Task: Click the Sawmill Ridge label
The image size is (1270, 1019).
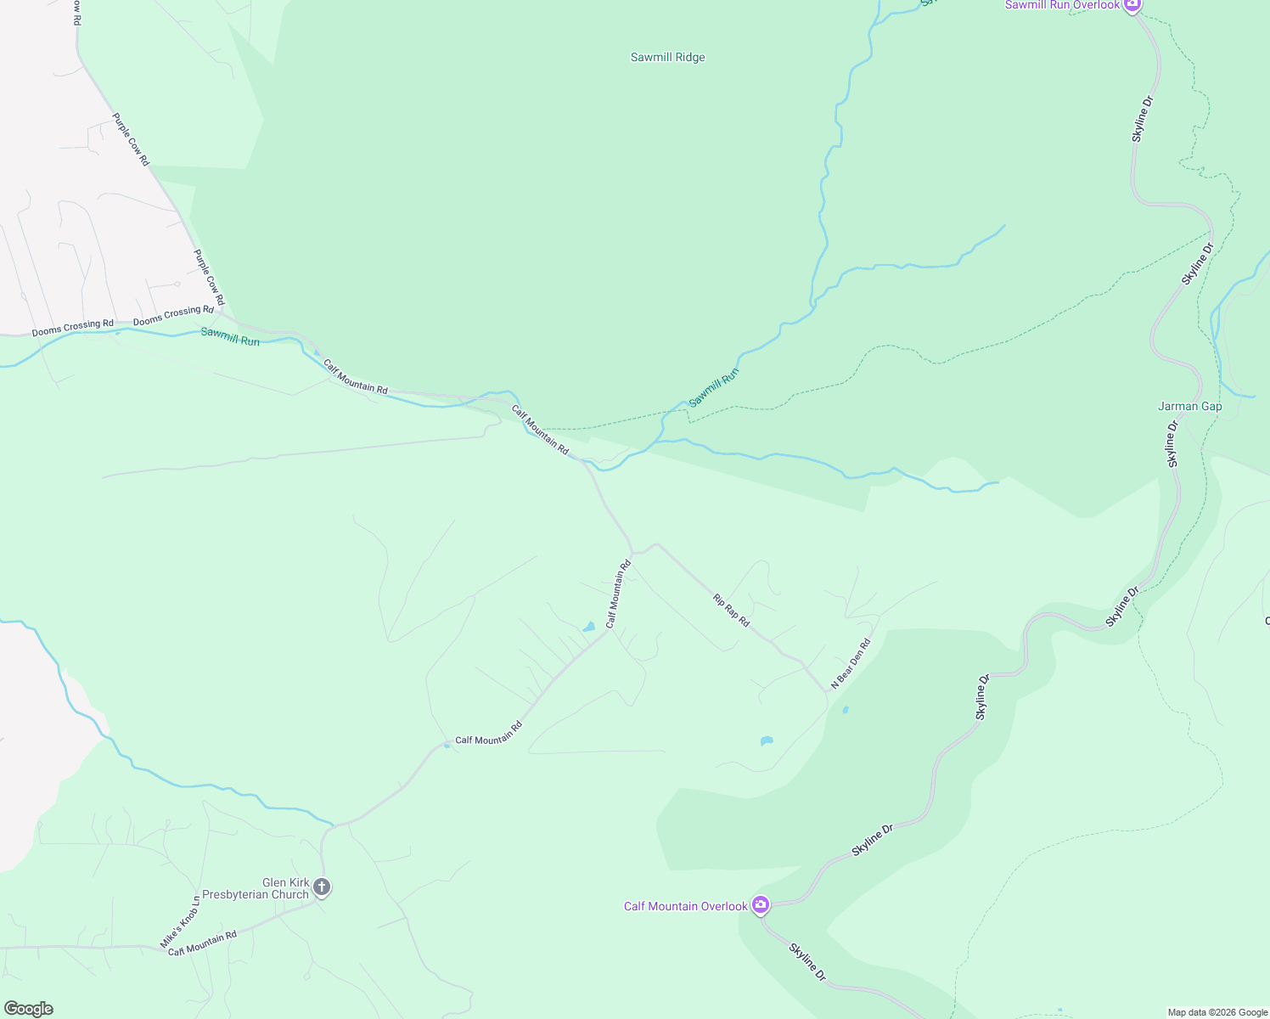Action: pos(667,58)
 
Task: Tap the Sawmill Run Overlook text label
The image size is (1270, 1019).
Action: pos(1062,5)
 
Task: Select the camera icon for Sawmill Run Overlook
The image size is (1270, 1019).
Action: pos(1132,5)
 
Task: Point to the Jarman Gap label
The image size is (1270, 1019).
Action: pos(1189,407)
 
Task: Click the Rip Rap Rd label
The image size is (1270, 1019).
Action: pos(731,611)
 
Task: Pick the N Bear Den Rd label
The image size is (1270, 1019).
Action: pos(851,662)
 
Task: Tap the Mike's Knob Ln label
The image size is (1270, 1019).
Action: pos(180,922)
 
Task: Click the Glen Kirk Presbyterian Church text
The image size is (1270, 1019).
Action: pos(256,888)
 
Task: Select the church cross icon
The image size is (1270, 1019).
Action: pos(321,887)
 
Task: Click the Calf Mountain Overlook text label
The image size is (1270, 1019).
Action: pos(685,906)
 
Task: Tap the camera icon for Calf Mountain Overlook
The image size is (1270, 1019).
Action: pos(761,905)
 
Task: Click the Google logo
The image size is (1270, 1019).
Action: pos(28,1009)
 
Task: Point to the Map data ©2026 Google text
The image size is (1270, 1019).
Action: pos(1217,1012)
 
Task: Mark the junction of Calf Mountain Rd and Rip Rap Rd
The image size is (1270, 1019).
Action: pos(633,553)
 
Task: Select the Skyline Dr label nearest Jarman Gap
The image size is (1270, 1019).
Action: pos(1172,443)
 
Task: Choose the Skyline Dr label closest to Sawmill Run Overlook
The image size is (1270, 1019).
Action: pos(1143,119)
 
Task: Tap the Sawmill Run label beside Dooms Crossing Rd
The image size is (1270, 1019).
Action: pos(230,337)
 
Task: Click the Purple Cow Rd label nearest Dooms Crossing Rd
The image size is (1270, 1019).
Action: pos(208,277)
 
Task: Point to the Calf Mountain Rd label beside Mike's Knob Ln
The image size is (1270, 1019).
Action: pos(202,943)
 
